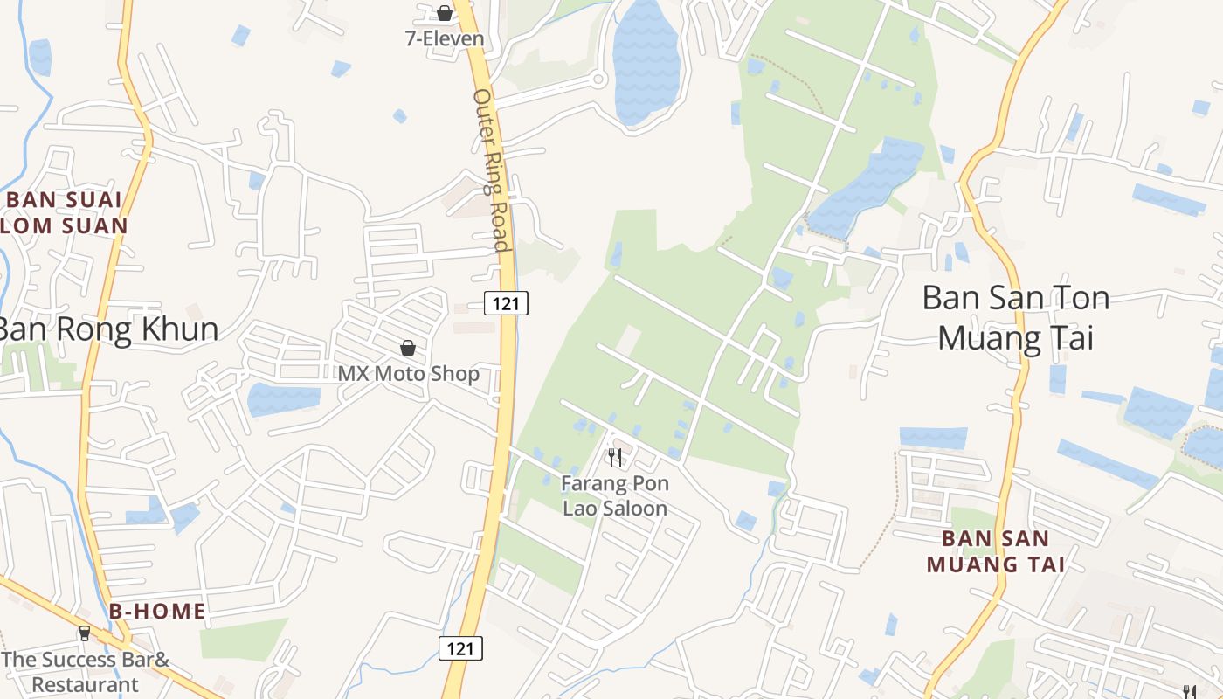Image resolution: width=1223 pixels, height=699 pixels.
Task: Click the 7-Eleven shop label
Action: (x=444, y=38)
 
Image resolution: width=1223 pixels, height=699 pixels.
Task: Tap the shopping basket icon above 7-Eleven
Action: (x=445, y=13)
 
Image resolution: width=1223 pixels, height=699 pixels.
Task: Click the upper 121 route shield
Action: (x=506, y=303)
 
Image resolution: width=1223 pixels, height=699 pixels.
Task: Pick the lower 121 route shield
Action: (x=460, y=647)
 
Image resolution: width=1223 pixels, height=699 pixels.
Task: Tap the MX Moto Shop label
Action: (x=409, y=374)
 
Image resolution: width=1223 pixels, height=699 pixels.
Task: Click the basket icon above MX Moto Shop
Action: (x=408, y=348)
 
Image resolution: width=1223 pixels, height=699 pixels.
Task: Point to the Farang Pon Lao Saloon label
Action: (x=615, y=495)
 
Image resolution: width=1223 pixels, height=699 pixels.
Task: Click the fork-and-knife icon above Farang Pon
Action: (x=615, y=457)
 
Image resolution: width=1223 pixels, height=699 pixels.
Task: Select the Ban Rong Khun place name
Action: (x=107, y=329)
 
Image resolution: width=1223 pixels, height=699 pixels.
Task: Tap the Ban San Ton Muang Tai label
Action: (x=1016, y=317)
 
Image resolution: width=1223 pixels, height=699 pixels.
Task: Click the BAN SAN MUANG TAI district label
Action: (x=996, y=551)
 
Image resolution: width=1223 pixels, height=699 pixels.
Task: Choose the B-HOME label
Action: (x=157, y=612)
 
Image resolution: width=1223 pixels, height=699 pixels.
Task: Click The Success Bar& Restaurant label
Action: (x=86, y=672)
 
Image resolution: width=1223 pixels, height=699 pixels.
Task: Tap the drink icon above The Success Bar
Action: (x=85, y=633)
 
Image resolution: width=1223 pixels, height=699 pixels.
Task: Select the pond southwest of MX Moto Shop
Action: (x=283, y=398)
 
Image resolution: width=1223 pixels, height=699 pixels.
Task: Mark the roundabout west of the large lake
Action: (x=598, y=80)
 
